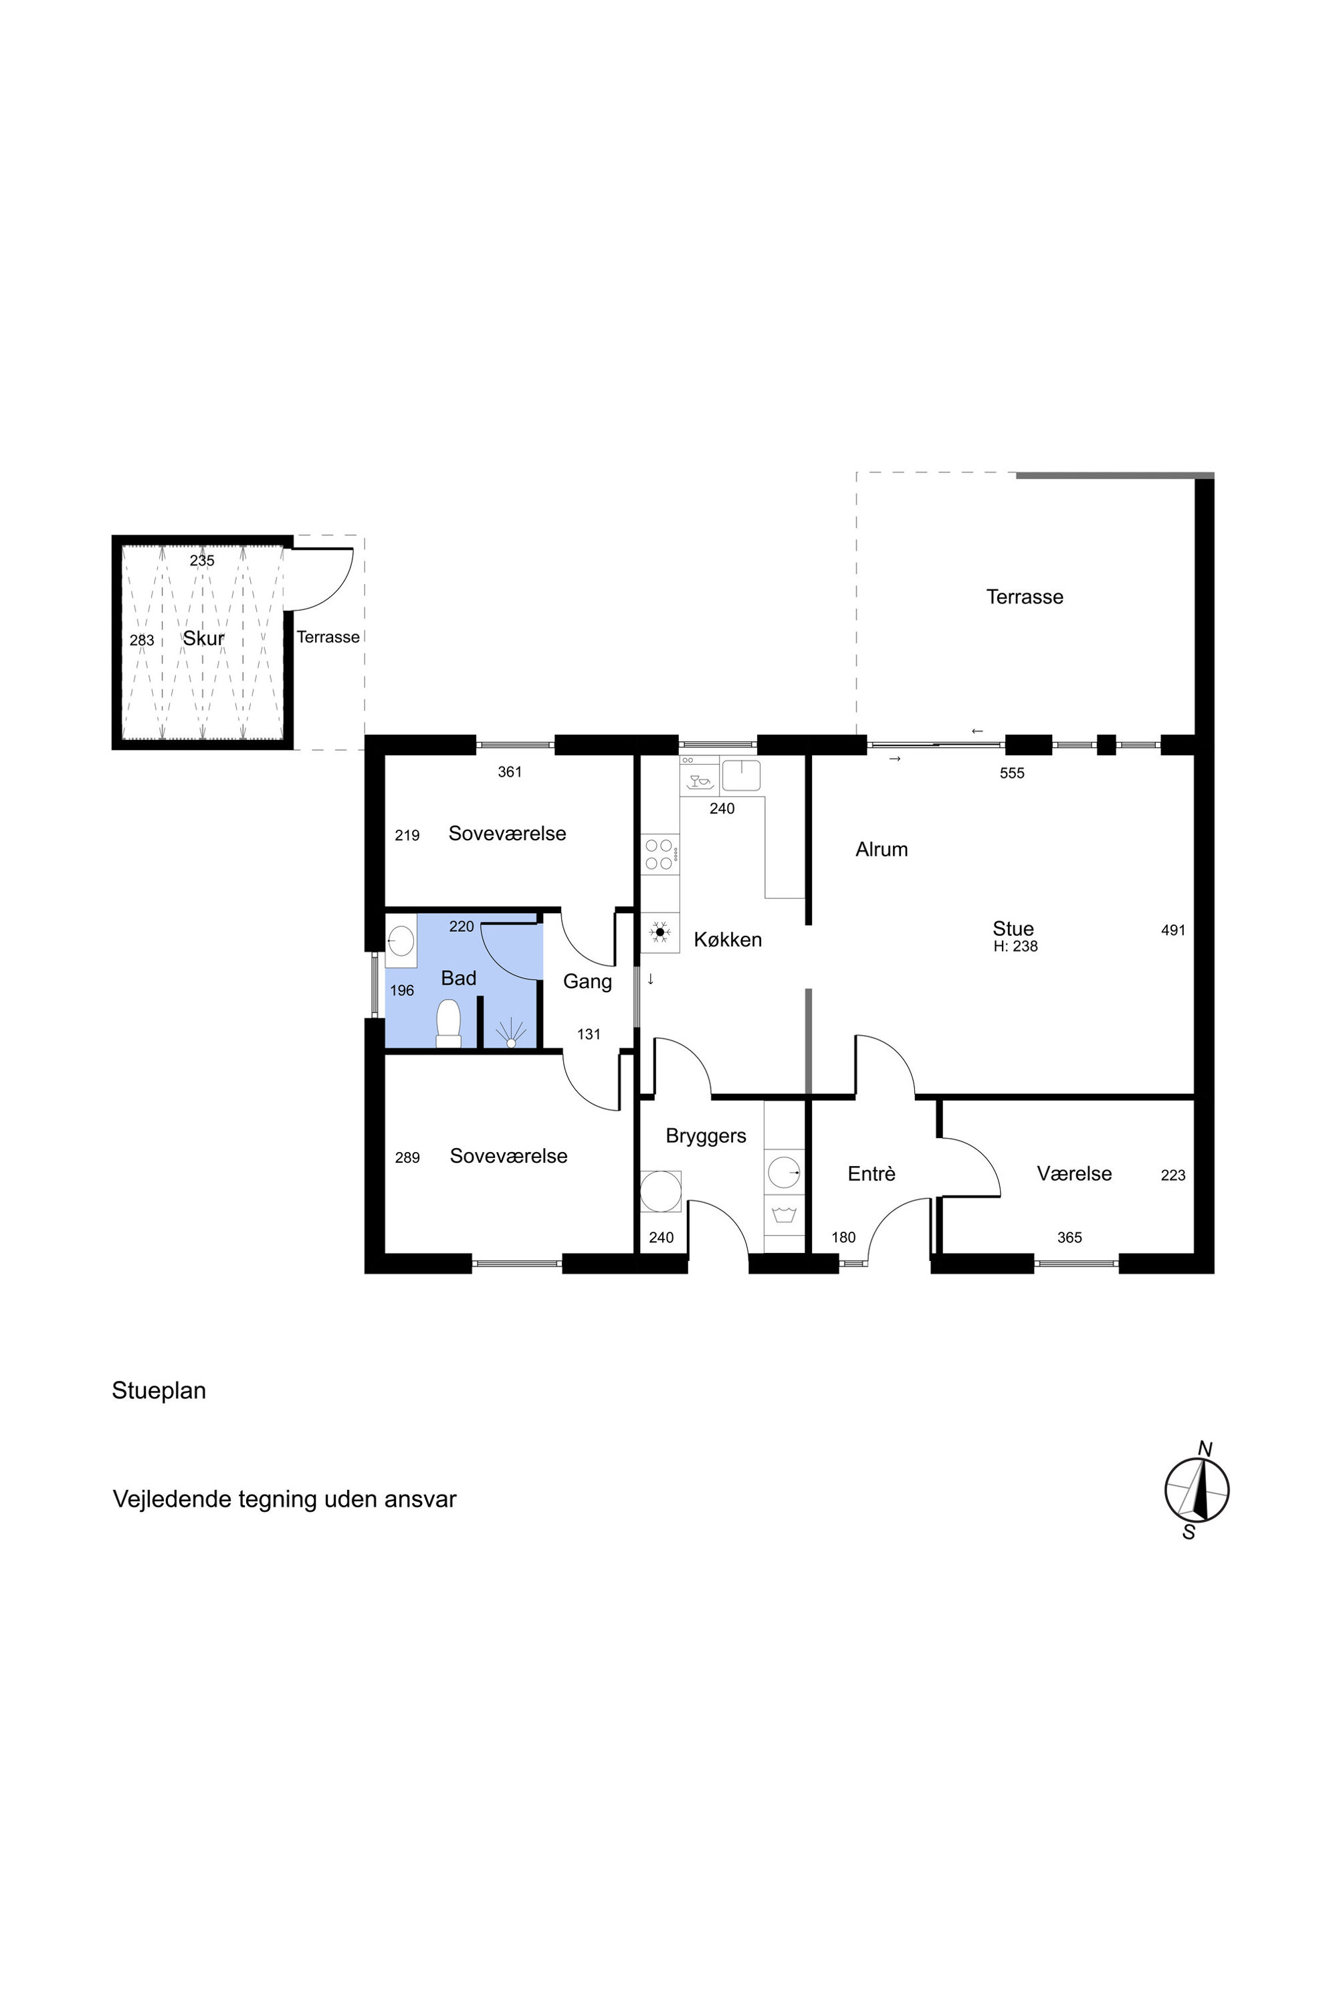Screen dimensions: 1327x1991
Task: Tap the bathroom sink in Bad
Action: click(401, 941)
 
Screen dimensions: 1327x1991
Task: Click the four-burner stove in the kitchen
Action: click(659, 854)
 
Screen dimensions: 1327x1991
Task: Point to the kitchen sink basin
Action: click(740, 775)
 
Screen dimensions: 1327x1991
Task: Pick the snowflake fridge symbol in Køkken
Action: click(660, 933)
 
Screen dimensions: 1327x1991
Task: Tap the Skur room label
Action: click(204, 638)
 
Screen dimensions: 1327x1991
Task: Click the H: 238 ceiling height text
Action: click(1015, 947)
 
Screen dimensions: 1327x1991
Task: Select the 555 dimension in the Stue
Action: click(1012, 773)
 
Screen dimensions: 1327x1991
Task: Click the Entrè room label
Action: click(872, 1173)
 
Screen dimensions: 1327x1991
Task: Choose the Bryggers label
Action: click(706, 1136)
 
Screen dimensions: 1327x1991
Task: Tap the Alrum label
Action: click(882, 849)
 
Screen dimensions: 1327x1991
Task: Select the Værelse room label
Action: click(1074, 1173)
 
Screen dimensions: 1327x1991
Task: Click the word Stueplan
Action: click(159, 1391)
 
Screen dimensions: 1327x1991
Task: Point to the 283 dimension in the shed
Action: click(142, 640)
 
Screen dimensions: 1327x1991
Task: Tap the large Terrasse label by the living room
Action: click(1025, 597)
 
